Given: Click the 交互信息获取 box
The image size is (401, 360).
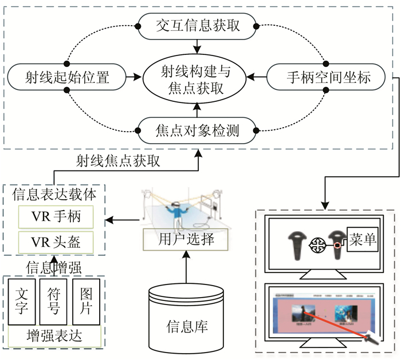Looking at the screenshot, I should [x=198, y=26].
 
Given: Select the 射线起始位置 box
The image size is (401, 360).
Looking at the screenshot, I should [x=66, y=76].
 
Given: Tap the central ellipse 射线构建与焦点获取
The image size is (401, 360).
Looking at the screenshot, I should [x=196, y=80].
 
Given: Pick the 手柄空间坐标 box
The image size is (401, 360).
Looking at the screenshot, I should [x=328, y=76].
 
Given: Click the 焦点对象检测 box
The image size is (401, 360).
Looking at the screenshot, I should [x=198, y=131].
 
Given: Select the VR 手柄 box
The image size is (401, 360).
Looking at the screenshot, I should [x=56, y=217].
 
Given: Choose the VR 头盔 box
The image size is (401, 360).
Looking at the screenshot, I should [x=56, y=243].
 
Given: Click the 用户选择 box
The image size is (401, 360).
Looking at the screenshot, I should [x=186, y=239].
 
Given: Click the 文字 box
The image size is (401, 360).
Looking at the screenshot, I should [x=22, y=301].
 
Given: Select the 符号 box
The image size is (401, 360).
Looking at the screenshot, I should [x=54, y=301].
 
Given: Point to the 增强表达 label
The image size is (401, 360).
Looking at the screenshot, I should [x=54, y=335].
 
